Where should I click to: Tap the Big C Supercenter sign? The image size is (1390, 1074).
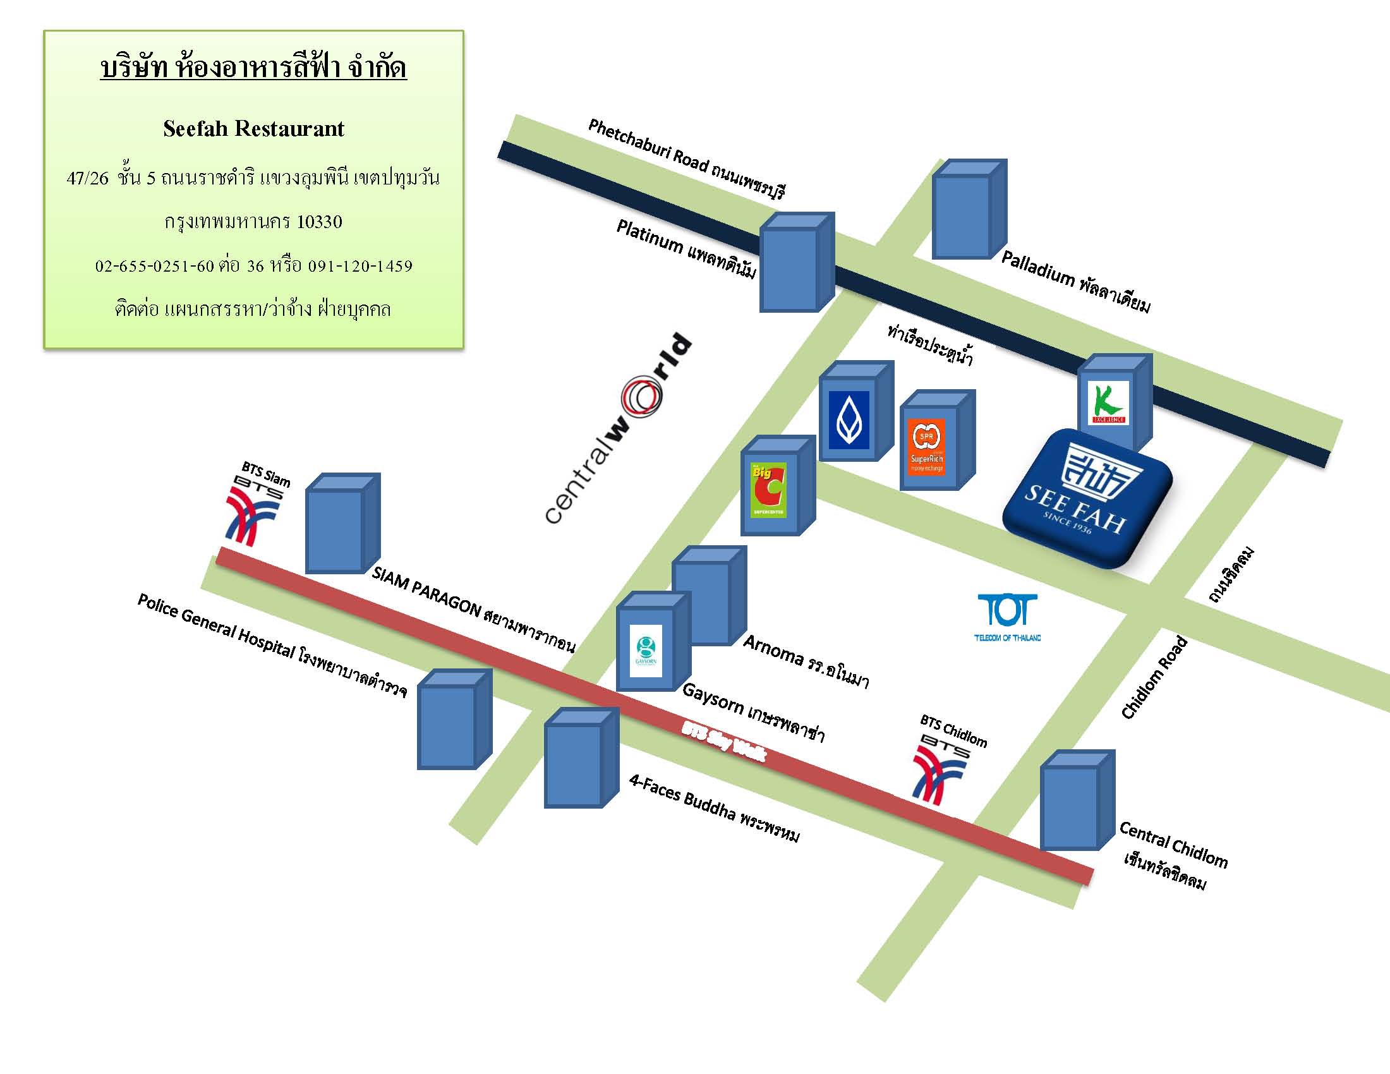pos(769,489)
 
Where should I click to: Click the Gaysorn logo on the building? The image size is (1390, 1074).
pos(646,651)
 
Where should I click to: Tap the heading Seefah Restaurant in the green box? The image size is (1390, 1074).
pos(253,129)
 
